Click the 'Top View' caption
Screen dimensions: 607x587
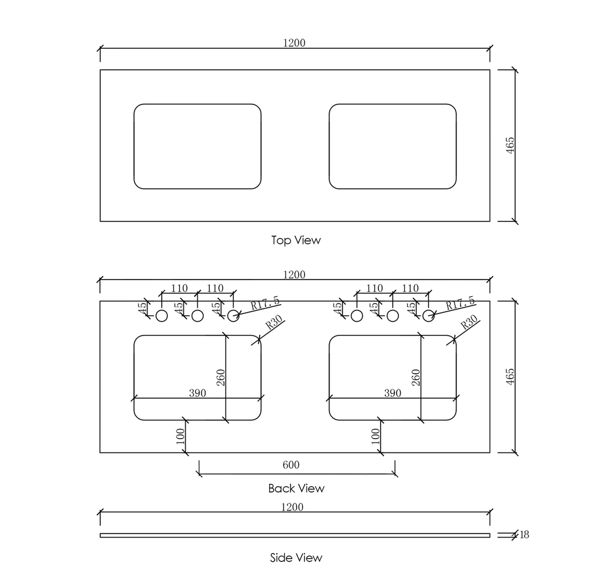(296, 240)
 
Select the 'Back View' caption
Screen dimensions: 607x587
(296, 488)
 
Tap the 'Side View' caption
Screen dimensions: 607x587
(296, 557)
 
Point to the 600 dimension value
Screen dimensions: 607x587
(291, 465)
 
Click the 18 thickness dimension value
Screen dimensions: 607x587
(524, 535)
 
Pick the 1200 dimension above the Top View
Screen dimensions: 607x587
(294, 43)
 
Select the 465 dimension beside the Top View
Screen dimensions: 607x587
(510, 145)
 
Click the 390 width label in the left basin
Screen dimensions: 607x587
(197, 393)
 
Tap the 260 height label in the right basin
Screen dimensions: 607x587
(416, 377)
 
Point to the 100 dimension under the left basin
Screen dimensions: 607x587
(180, 437)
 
